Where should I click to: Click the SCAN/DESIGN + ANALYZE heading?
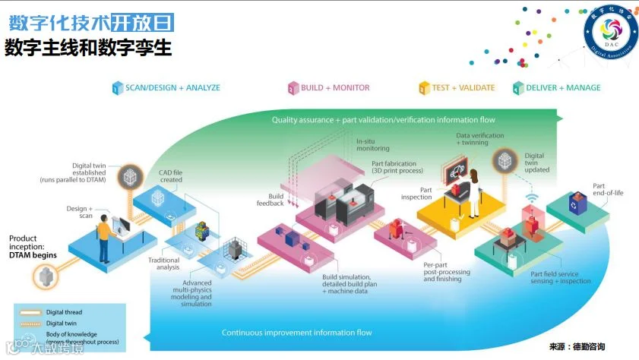(172, 88)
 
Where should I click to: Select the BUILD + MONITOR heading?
(334, 88)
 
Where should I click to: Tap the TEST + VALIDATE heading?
(463, 88)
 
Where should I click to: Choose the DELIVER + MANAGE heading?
(562, 88)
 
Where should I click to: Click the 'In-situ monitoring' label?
(373, 144)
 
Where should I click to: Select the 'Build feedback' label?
(270, 200)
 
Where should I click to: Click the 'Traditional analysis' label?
(163, 264)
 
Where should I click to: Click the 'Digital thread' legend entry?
(65, 312)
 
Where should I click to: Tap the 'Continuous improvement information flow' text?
(296, 333)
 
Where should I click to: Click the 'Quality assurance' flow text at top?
(384, 119)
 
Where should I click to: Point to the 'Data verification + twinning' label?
(480, 139)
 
